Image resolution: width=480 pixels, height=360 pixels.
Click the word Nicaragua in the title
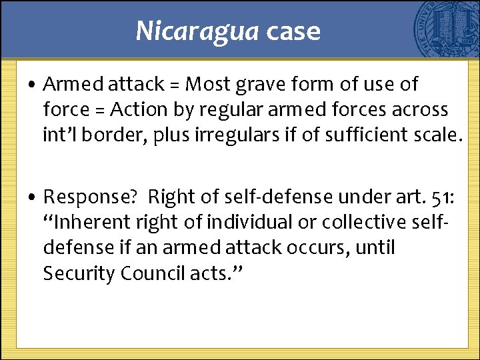click(x=197, y=31)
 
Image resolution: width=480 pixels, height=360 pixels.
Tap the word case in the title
click(x=293, y=31)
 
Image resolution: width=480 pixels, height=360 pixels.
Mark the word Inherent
click(x=91, y=223)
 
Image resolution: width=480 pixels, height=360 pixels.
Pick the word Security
click(x=79, y=273)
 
